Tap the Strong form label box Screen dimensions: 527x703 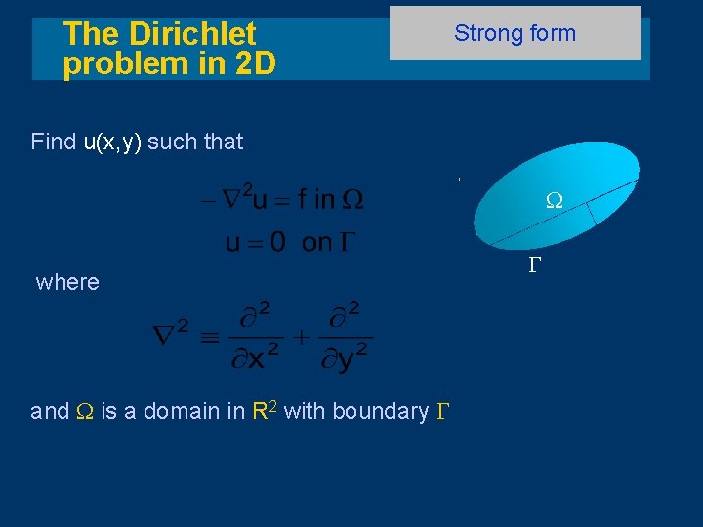coord(515,33)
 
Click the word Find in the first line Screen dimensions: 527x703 coord(53,142)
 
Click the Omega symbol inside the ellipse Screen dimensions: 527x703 coord(554,200)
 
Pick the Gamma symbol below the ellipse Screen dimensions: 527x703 coord(534,264)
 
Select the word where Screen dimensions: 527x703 coord(67,282)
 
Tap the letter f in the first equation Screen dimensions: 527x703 coord(304,200)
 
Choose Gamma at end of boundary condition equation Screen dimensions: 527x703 coord(347,243)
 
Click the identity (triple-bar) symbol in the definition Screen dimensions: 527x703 coord(208,337)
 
